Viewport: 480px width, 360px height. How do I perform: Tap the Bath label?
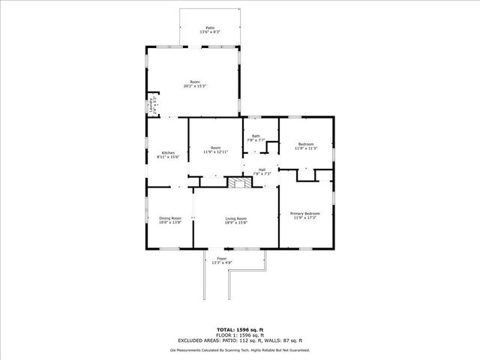[x=256, y=136]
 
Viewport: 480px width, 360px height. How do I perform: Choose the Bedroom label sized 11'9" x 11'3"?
[x=305, y=144]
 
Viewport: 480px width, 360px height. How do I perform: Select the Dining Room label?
[x=169, y=218]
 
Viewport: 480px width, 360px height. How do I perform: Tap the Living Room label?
[x=235, y=218]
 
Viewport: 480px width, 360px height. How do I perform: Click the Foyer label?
[x=221, y=258]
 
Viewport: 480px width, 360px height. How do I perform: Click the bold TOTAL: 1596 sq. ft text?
[x=239, y=329]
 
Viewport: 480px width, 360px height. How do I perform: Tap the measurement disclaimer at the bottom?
[x=239, y=349]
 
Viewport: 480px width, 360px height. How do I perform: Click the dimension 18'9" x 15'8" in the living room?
[x=235, y=223]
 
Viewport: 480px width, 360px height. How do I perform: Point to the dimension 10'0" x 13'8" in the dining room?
[x=169, y=223]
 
